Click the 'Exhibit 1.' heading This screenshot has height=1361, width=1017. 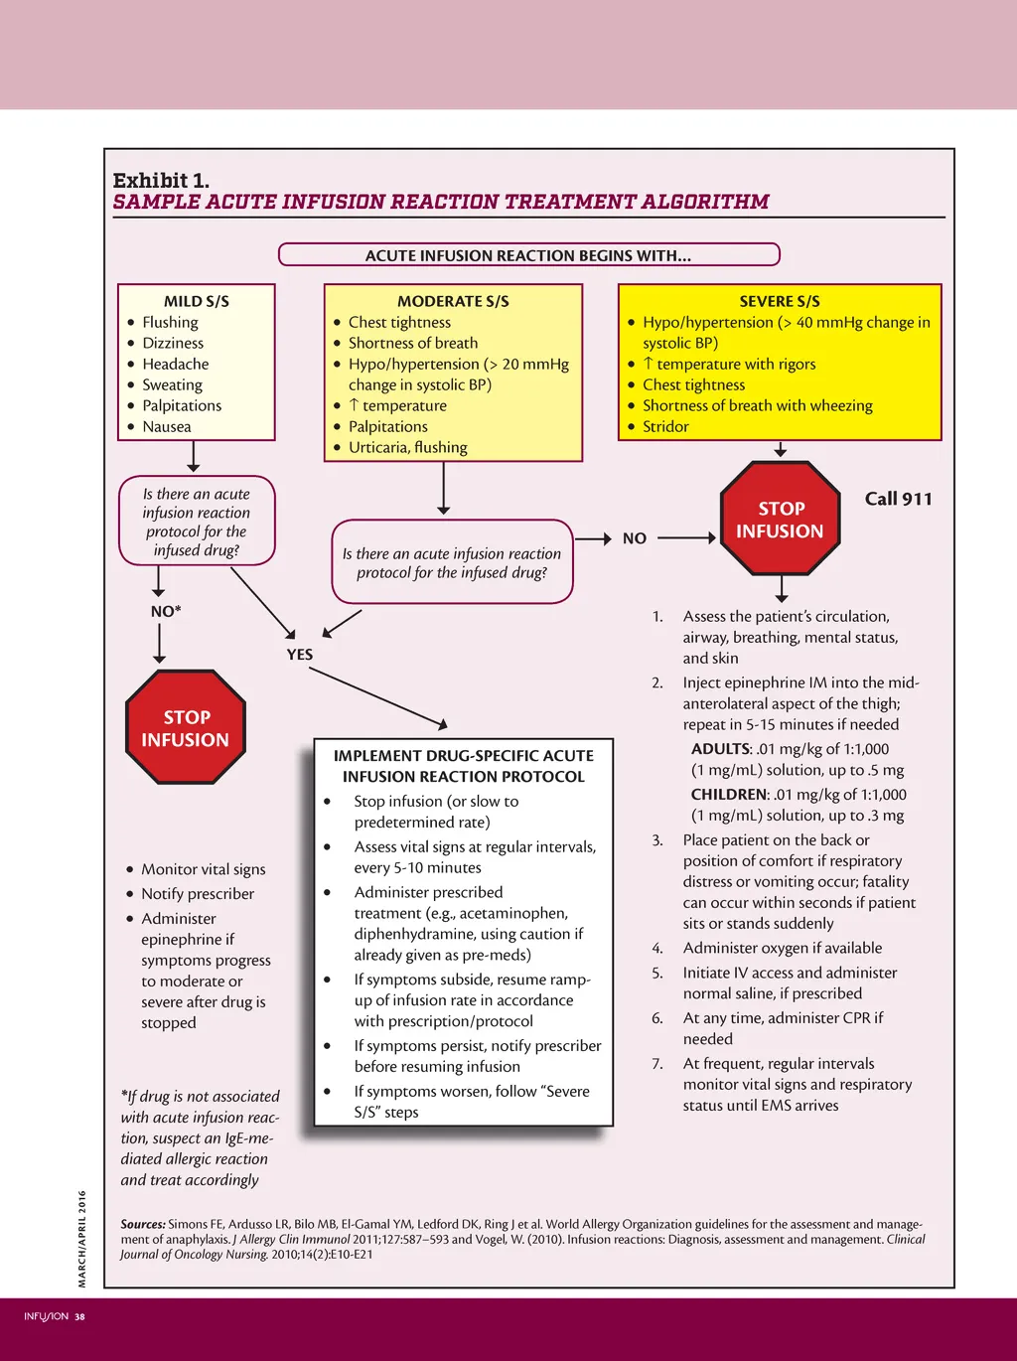click(161, 180)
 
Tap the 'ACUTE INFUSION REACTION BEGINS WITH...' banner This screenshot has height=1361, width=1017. click(528, 255)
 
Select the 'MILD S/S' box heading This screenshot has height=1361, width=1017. click(197, 301)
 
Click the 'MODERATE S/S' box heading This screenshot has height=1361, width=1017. click(453, 301)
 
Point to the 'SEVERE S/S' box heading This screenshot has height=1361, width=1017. click(780, 301)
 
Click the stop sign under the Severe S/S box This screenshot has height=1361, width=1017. click(781, 520)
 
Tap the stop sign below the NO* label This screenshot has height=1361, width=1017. click(186, 728)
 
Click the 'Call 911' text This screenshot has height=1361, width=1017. click(898, 499)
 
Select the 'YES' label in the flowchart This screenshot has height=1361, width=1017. click(300, 655)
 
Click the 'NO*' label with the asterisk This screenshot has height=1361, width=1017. click(166, 611)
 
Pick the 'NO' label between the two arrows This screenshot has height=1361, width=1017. click(635, 538)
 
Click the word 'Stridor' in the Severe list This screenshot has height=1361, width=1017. click(665, 426)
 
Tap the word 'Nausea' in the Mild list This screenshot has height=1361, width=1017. click(167, 426)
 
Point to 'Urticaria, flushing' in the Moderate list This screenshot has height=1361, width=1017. click(408, 447)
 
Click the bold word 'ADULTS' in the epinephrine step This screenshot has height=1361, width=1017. click(721, 749)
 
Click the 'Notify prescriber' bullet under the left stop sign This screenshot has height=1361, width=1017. click(198, 894)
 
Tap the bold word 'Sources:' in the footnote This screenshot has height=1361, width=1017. click(143, 1224)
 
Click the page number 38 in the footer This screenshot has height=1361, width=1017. click(80, 1317)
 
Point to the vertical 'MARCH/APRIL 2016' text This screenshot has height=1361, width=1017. click(82, 1238)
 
